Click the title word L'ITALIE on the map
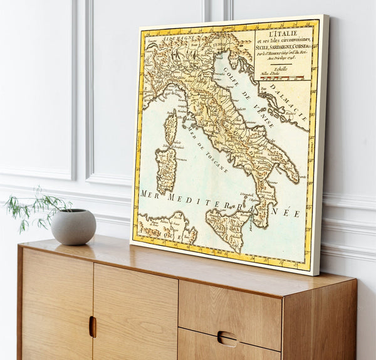[x=284, y=33]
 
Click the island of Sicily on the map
[x=227, y=226]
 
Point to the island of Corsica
[x=170, y=126]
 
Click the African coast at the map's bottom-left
[x=163, y=226]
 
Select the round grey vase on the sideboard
[x=73, y=226]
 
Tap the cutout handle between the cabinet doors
[x=93, y=326]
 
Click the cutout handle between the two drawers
[x=227, y=339]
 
